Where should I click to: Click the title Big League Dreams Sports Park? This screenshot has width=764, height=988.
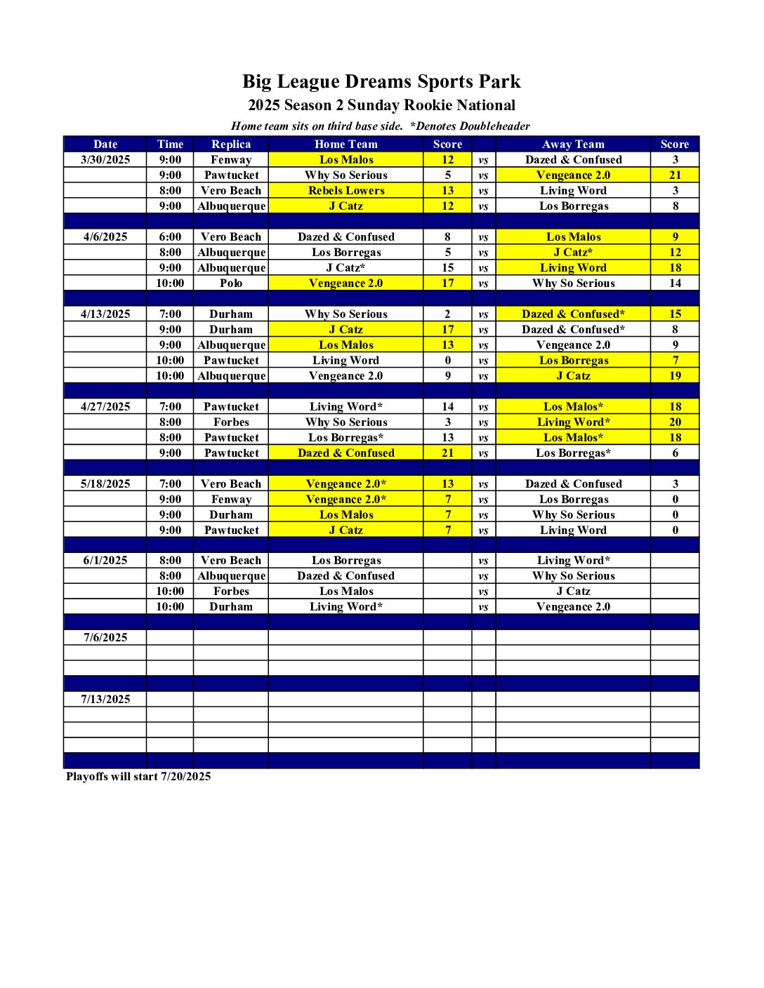(x=381, y=81)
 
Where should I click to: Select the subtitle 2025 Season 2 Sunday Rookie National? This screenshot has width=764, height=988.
(x=381, y=105)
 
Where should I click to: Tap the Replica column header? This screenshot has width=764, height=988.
(x=231, y=144)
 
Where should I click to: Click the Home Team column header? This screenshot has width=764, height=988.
(x=345, y=144)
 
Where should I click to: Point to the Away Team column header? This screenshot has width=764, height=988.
(x=573, y=144)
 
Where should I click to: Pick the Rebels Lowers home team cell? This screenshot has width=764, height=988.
(x=345, y=190)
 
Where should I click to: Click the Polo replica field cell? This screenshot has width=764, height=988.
(x=231, y=283)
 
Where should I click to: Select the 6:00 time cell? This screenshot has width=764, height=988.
(x=170, y=236)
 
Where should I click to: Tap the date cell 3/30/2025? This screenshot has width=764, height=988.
(x=105, y=159)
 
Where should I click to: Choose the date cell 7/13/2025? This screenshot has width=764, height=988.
(x=105, y=699)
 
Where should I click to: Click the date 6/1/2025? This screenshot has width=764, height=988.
(x=105, y=560)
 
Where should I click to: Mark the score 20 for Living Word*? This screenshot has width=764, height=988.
(x=675, y=422)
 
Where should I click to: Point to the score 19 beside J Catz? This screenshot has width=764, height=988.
(x=675, y=375)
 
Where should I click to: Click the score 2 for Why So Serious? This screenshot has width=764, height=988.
(x=447, y=314)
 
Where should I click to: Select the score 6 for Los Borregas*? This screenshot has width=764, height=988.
(x=675, y=453)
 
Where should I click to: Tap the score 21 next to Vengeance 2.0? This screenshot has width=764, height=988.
(x=675, y=175)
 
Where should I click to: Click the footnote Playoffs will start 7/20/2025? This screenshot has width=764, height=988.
(x=138, y=776)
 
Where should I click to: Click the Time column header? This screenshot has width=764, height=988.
(x=170, y=144)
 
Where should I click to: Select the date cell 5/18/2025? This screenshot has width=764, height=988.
(x=105, y=483)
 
